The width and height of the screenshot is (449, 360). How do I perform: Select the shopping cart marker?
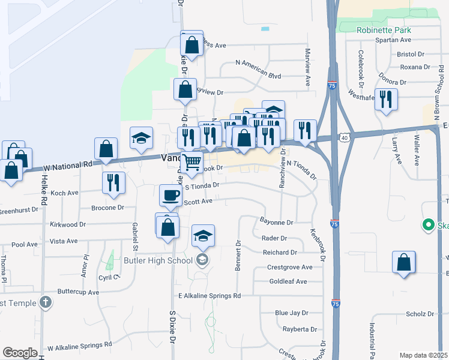[x=191, y=162]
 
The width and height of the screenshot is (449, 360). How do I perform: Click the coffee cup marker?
[x=170, y=195]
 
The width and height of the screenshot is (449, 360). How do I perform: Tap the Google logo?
[x=20, y=353]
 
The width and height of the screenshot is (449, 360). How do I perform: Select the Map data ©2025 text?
[x=423, y=355]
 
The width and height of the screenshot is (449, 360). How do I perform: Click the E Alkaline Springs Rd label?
[x=209, y=296]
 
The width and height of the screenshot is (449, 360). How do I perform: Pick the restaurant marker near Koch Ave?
[x=113, y=182]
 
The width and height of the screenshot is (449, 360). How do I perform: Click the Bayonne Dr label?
[x=276, y=222]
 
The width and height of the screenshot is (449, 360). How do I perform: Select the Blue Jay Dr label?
[x=291, y=313]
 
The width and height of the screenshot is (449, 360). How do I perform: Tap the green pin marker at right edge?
[x=428, y=226]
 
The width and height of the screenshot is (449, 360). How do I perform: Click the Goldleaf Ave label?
[x=288, y=281]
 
